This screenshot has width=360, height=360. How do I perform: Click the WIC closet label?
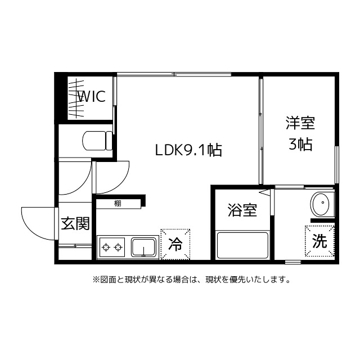[91, 96]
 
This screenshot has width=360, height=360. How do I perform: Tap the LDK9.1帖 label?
[188, 150]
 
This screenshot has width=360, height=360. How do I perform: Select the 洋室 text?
[300, 123]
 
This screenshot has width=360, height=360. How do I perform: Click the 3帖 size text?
[300, 145]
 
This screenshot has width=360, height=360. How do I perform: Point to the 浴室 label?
[242, 211]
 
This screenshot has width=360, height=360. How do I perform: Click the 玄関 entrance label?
[75, 224]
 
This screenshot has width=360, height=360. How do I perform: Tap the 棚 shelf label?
[117, 204]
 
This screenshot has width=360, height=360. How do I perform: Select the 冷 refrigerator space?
[175, 244]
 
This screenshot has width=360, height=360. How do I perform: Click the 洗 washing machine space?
[319, 241]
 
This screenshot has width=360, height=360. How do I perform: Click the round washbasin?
[321, 204]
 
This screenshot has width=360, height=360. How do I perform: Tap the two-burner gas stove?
[112, 247]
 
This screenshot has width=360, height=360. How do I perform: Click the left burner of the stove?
[106, 247]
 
